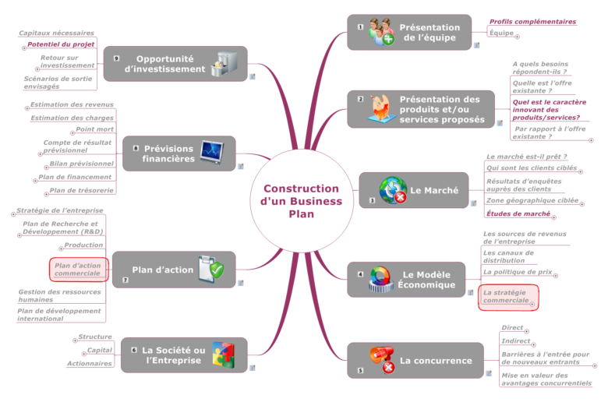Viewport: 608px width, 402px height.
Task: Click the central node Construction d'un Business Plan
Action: tap(301, 201)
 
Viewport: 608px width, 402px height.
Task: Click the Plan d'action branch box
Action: tap(173, 270)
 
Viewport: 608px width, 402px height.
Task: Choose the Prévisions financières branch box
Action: tap(179, 153)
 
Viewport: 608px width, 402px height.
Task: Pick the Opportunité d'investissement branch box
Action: tap(175, 64)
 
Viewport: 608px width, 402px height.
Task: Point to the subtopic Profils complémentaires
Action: tap(532, 22)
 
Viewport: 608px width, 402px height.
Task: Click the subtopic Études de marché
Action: tap(518, 213)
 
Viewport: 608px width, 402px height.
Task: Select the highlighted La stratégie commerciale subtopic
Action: tap(507, 296)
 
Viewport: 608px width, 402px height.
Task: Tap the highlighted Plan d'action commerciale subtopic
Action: tap(79, 270)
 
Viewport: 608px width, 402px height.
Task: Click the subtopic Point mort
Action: tap(94, 129)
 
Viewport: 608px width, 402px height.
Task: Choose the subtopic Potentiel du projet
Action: tap(61, 44)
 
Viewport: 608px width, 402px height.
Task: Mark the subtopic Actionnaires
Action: tap(89, 363)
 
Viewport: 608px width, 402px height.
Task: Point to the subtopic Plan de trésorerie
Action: tap(81, 190)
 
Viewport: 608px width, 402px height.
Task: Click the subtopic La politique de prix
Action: tap(518, 273)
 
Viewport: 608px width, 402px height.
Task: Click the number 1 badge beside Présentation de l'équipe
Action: tap(360, 27)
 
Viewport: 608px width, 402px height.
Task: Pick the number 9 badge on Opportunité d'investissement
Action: tap(116, 58)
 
